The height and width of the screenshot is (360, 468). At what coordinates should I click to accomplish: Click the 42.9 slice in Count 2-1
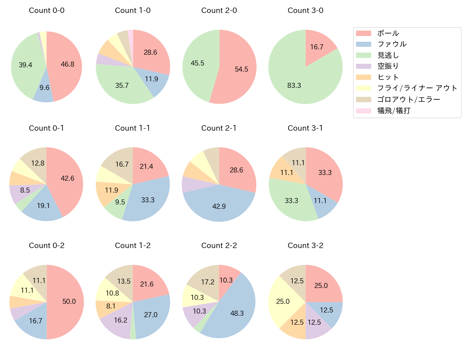click(x=219, y=206)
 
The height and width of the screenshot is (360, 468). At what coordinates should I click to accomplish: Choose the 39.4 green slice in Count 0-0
click(x=25, y=65)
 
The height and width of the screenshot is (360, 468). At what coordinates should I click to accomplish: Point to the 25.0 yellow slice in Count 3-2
click(x=283, y=301)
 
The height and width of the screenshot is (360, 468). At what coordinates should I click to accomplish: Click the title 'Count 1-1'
click(x=132, y=128)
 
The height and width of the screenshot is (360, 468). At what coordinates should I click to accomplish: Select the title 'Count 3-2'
click(x=305, y=246)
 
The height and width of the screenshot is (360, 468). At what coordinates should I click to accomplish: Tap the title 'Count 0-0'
click(x=46, y=10)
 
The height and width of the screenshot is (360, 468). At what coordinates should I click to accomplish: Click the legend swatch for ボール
click(x=363, y=33)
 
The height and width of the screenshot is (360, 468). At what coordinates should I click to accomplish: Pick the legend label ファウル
click(x=392, y=44)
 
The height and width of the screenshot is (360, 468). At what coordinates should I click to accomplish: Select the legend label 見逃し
click(x=388, y=55)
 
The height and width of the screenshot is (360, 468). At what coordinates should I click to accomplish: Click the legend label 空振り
click(x=388, y=66)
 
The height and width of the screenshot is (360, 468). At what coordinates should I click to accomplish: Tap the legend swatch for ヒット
click(x=363, y=77)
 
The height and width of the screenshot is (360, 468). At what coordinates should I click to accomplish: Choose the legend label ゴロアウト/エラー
click(x=409, y=99)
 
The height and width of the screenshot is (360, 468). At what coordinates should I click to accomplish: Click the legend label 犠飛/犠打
click(x=394, y=111)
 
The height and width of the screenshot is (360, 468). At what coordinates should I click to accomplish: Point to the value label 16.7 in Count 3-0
click(x=317, y=47)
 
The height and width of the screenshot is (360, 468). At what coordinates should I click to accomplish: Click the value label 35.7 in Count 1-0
click(x=122, y=85)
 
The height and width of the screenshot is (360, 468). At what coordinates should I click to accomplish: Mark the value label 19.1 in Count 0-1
click(x=43, y=206)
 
